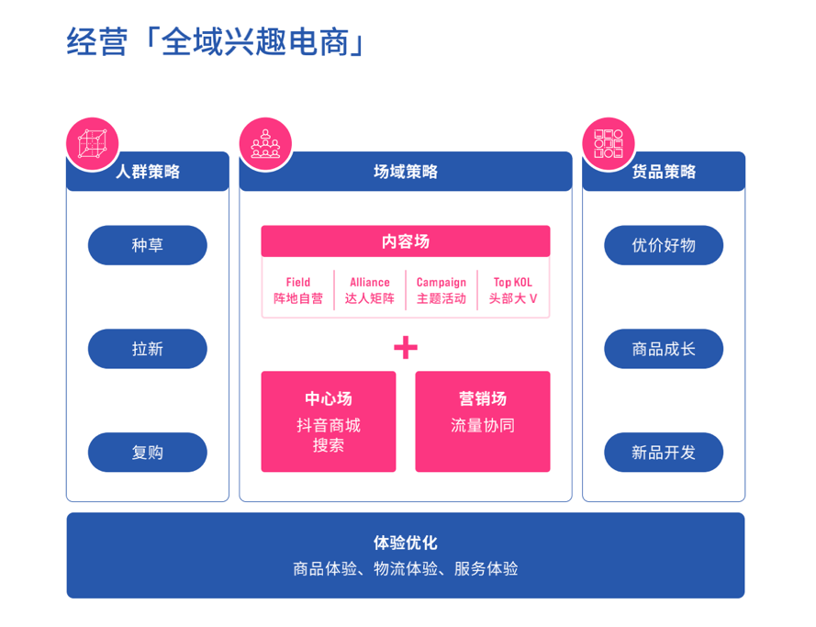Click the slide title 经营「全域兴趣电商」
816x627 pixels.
tap(216, 42)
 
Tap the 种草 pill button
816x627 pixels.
tap(148, 245)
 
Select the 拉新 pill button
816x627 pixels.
tap(148, 349)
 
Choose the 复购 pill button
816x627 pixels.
tap(148, 453)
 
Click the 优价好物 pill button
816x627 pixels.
tap(664, 245)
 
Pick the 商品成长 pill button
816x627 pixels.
tap(664, 349)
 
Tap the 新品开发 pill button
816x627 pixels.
tap(664, 453)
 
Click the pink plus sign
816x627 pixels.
tap(406, 347)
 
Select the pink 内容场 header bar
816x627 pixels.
tap(406, 241)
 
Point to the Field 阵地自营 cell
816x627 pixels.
tap(298, 290)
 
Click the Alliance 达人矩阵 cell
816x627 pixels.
tap(370, 290)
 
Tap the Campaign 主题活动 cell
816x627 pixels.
tap(442, 290)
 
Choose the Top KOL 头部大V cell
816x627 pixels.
tap(513, 290)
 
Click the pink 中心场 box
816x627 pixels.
tap(329, 421)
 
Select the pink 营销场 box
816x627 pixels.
tap(483, 421)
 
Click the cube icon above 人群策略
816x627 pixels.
tap(92, 144)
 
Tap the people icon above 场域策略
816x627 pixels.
tap(265, 144)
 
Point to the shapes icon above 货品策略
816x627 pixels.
tap(609, 144)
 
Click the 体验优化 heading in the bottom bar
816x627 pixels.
tap(406, 543)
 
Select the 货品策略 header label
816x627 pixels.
tap(664, 172)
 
